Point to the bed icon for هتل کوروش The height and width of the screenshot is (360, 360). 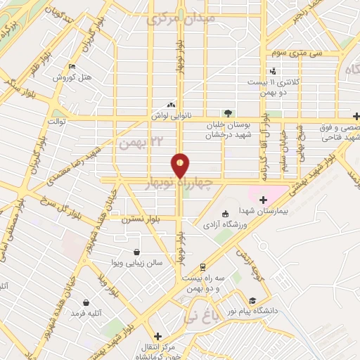[x=72, y=67]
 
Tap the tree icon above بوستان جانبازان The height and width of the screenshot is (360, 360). [x=226, y=112]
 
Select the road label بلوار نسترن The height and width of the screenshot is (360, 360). [x=139, y=220]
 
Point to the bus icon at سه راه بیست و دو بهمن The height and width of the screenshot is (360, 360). [x=202, y=267]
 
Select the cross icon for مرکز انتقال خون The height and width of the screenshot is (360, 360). [x=157, y=337]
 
